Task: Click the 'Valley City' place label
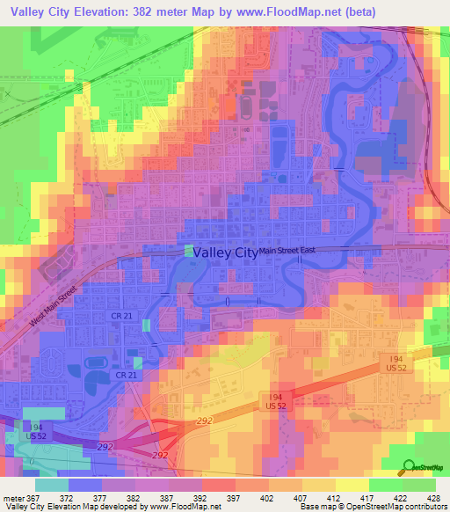(x=225, y=252)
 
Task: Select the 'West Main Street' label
(x=53, y=306)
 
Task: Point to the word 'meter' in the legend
(x=12, y=496)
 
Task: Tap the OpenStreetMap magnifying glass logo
(x=408, y=467)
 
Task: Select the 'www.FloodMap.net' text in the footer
(x=185, y=507)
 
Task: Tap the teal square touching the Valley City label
(x=188, y=251)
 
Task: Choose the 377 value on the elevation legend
(x=108, y=496)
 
